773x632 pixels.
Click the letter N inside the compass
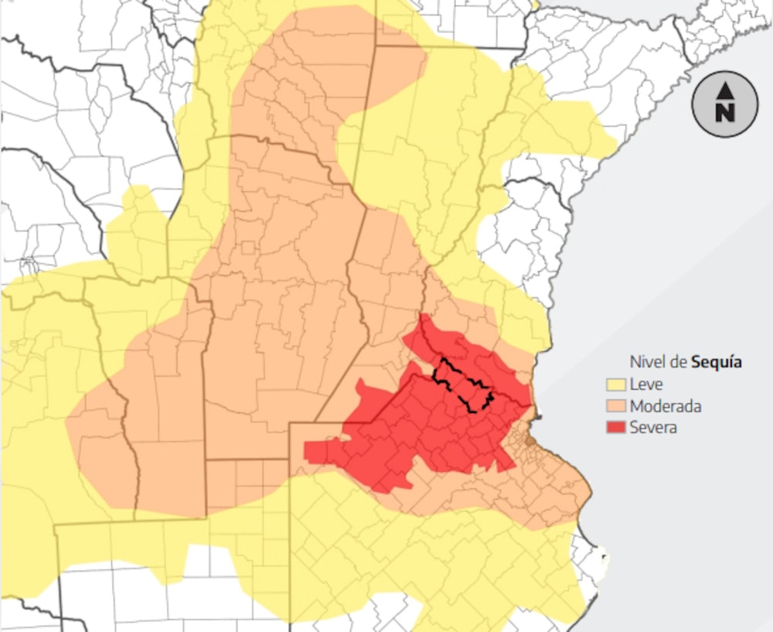point(724,113)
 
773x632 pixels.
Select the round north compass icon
point(724,104)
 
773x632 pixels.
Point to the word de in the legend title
point(679,362)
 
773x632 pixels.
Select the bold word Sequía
point(717,362)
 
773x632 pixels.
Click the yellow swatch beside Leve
point(616,384)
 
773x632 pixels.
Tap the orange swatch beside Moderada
point(616,406)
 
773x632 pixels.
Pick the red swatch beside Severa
point(616,427)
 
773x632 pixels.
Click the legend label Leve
point(645,384)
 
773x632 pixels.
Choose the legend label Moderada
point(666,406)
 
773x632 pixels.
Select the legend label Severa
point(653,427)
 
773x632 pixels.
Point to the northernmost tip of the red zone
point(424,316)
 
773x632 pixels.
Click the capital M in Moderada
point(635,406)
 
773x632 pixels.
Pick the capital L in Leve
point(634,384)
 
